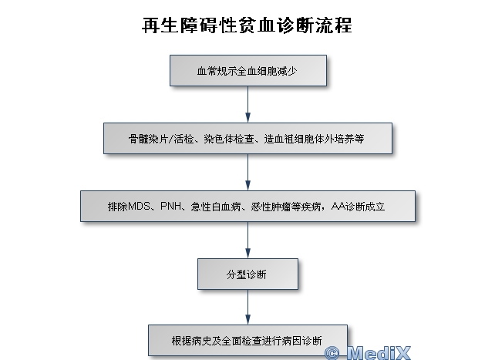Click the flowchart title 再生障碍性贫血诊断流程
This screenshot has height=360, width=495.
coord(247,25)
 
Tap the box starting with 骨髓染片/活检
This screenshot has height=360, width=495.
coord(247,139)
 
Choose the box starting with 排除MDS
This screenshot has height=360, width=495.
coord(247,207)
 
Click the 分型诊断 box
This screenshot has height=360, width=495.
coord(247,274)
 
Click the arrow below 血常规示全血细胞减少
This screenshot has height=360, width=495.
coord(247,103)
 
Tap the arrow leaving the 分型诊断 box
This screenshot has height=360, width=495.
coord(247,308)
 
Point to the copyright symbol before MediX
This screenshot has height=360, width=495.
coord(333,353)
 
